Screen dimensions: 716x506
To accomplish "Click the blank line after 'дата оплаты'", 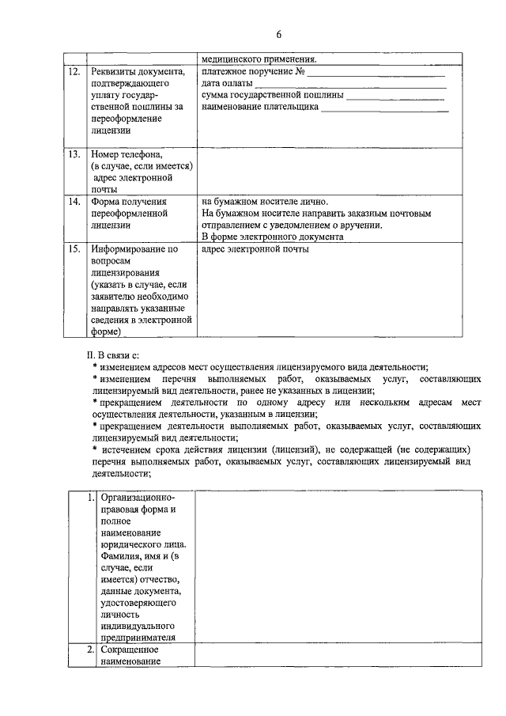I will coord(351,85).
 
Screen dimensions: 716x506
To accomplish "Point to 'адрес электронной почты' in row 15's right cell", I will coord(255,249).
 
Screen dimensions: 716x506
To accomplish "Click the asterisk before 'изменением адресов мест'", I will coord(94,366).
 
